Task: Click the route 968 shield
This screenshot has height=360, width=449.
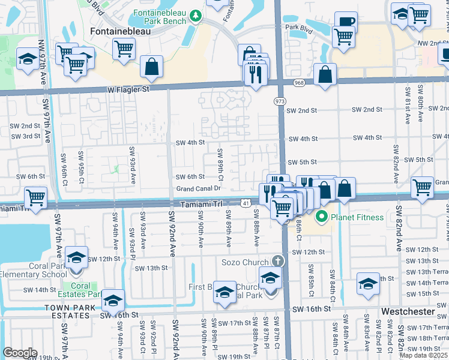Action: [x=298, y=82]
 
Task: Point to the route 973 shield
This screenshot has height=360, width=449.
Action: [x=280, y=101]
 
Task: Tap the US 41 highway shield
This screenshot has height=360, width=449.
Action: [x=246, y=204]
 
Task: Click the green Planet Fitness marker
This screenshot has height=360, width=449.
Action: [x=321, y=217]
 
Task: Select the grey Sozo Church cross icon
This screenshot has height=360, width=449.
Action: [x=277, y=261]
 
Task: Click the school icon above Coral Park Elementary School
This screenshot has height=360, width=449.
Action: [x=77, y=258]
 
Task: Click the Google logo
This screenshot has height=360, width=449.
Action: [x=20, y=353]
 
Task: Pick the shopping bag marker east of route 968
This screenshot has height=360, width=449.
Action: [x=325, y=75]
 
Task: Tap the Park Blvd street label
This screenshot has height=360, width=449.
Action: [x=300, y=28]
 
